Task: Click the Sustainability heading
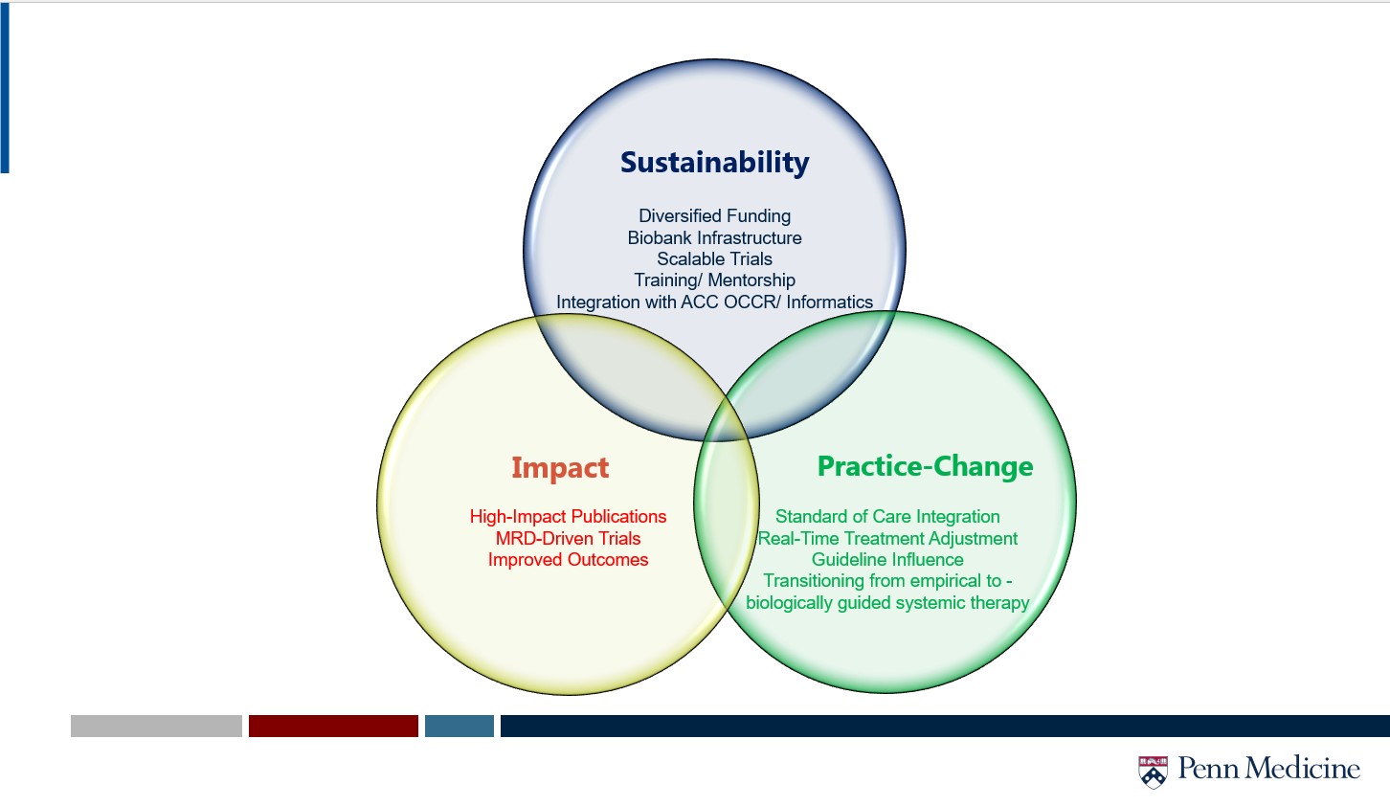tap(714, 163)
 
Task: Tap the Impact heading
tap(560, 468)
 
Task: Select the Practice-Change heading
tap(925, 466)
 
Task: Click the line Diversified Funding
tap(714, 216)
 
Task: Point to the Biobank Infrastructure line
tap(714, 237)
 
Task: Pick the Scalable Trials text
tap(714, 258)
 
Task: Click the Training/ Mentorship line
tap(714, 280)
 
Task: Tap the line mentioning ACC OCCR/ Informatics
tap(714, 302)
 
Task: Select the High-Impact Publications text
tap(568, 516)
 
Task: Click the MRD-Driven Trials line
tap(568, 538)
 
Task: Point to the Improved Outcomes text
tap(568, 560)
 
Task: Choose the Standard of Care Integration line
tap(887, 516)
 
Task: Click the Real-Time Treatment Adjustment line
tap(887, 538)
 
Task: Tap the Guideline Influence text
tap(887, 560)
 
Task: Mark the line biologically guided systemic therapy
tap(887, 602)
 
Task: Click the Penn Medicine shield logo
tap(1153, 772)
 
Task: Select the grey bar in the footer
tap(156, 726)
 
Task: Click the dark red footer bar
tap(333, 726)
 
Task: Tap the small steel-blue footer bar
tap(460, 726)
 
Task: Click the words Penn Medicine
tap(1269, 768)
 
